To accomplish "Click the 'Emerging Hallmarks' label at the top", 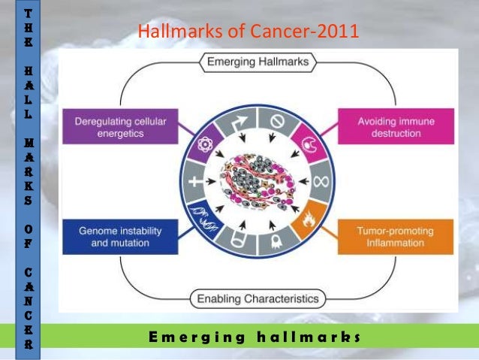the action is (x=258, y=62).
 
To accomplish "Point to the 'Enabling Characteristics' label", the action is (x=258, y=299).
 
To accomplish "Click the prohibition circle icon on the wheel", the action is (x=276, y=119).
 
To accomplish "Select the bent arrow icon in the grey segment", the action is (x=238, y=120).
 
